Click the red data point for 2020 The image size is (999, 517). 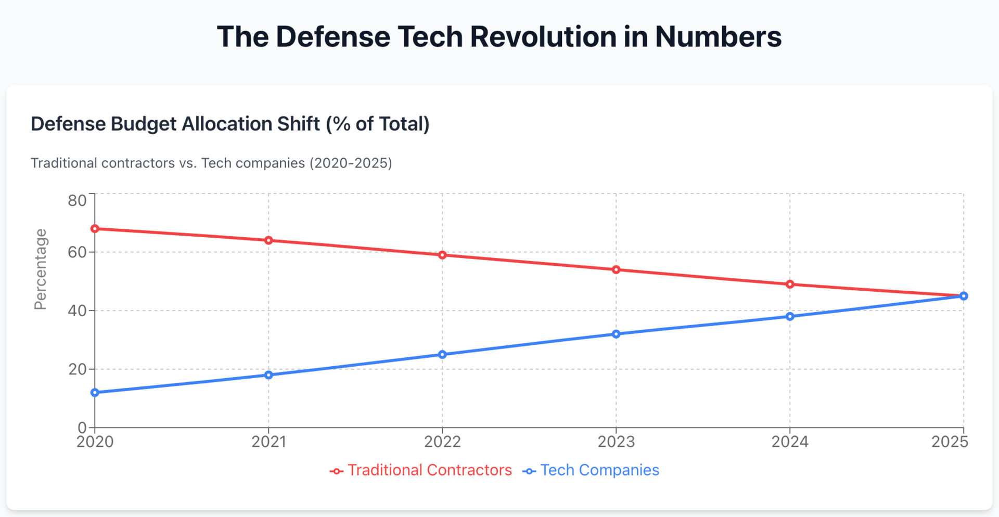[95, 229]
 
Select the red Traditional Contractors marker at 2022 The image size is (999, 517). [442, 255]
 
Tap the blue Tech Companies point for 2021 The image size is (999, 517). [268, 375]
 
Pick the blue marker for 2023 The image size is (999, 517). [616, 334]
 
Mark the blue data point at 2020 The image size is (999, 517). [95, 393]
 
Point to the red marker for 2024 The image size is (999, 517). [790, 284]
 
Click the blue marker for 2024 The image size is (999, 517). [790, 316]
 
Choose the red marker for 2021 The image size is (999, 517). [268, 240]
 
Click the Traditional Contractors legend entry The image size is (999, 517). [421, 470]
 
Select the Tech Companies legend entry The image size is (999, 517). [591, 470]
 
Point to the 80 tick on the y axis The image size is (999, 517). [77, 200]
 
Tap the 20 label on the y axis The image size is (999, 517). [77, 369]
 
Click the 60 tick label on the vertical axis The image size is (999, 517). [77, 252]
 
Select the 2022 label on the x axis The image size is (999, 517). [442, 442]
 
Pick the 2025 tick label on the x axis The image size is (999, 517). [950, 442]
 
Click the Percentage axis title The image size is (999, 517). [40, 269]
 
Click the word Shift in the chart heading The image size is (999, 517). [298, 124]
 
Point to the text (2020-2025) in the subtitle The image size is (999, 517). [351, 163]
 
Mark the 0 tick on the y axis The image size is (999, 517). [82, 428]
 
